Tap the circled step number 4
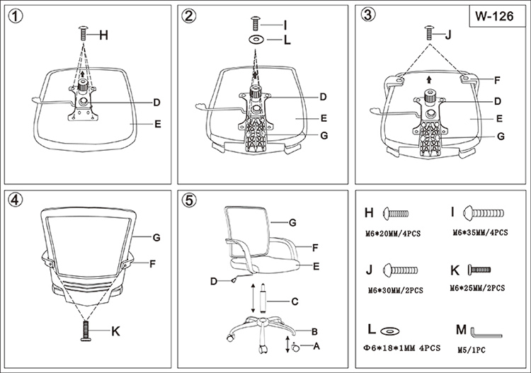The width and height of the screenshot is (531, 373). (x=15, y=199)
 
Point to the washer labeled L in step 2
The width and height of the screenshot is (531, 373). (x=256, y=40)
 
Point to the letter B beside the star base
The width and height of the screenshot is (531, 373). (x=312, y=331)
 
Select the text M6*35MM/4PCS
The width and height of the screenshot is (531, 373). (x=481, y=232)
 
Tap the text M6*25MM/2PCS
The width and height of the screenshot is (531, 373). (x=477, y=289)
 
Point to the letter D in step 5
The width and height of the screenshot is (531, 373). (x=214, y=281)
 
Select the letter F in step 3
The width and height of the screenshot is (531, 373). (x=498, y=79)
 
